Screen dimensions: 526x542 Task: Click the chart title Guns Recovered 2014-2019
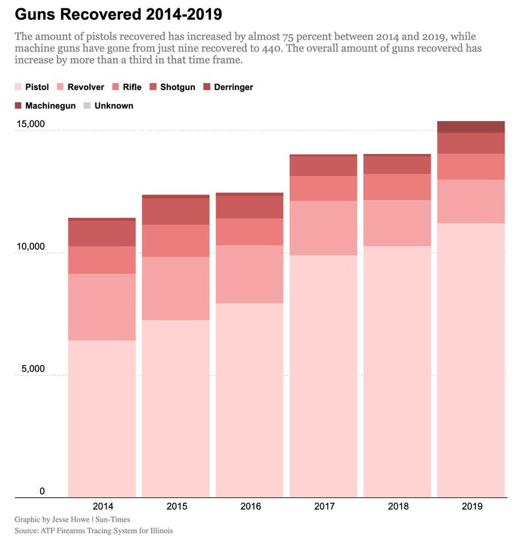(118, 14)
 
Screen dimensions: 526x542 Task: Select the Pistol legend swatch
(18, 87)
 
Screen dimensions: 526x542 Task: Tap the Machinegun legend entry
(45, 105)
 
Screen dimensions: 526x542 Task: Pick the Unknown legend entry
(108, 105)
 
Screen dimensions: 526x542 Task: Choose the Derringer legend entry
(228, 87)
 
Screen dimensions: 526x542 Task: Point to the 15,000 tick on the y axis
(30, 124)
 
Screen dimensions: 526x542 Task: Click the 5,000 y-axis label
(33, 368)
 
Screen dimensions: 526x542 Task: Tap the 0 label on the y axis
(42, 491)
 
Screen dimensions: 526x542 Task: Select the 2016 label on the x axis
(251, 506)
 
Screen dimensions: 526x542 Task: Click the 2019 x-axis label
(472, 506)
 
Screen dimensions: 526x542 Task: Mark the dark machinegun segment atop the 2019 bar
(471, 126)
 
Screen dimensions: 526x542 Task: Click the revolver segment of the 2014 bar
(102, 307)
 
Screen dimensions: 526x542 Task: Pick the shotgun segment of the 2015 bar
(176, 212)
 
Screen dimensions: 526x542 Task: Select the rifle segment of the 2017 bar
(323, 188)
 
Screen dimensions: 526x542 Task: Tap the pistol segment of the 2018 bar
(397, 372)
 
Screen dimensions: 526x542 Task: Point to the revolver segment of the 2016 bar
(250, 274)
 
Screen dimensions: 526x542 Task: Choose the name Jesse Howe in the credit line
(70, 520)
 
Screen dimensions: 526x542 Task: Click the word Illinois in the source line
(161, 531)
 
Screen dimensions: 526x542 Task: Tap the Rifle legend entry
(127, 87)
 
